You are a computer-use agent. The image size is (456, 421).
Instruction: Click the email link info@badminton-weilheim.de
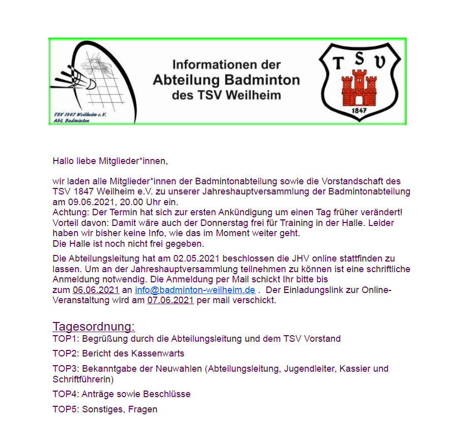[x=195, y=290]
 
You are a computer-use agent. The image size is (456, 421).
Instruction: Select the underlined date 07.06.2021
[x=170, y=300]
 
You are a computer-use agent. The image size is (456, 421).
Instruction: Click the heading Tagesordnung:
[x=94, y=327]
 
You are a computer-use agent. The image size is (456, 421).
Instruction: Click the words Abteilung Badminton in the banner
[x=226, y=80]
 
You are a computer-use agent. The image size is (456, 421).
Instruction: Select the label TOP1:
[x=65, y=339]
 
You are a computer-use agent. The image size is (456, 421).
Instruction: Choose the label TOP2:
[x=65, y=353]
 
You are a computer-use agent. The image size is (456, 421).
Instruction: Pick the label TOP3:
[x=65, y=369]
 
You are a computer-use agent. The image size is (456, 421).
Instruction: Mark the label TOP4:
[x=65, y=394]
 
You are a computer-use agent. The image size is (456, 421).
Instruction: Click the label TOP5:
[x=65, y=409]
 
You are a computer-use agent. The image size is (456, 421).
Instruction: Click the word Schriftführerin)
[x=83, y=379]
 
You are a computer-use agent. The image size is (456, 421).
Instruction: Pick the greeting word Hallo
[x=64, y=161]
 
